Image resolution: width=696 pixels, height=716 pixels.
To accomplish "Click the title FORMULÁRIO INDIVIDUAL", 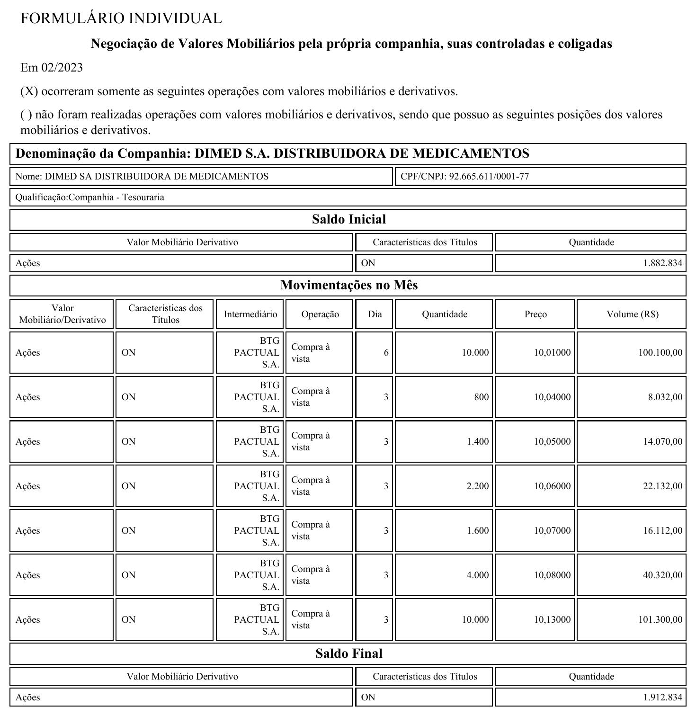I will pyautogui.click(x=121, y=18).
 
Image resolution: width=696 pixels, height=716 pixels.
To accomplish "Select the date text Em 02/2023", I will pyautogui.click(x=52, y=68).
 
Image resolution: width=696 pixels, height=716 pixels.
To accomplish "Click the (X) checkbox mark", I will pyautogui.click(x=29, y=91).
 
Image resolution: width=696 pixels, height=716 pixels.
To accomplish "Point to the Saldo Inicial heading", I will pyautogui.click(x=348, y=219).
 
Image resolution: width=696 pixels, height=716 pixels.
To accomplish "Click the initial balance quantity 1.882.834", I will pyautogui.click(x=662, y=263).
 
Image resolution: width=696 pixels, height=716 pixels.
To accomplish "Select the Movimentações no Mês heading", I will pyautogui.click(x=348, y=285).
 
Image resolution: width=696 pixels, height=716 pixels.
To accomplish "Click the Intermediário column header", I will pyautogui.click(x=250, y=314).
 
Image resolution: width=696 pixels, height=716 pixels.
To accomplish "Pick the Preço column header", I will pyautogui.click(x=535, y=314).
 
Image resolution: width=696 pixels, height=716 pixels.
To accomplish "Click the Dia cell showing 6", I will pyautogui.click(x=386, y=353).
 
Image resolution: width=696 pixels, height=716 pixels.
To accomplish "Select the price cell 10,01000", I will pyautogui.click(x=552, y=353).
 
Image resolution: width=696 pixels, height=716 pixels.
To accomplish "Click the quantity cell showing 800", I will pyautogui.click(x=481, y=397).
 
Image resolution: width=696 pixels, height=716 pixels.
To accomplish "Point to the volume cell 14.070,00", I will pyautogui.click(x=662, y=442).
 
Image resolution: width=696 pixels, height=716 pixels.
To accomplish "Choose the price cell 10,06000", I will pyautogui.click(x=552, y=486).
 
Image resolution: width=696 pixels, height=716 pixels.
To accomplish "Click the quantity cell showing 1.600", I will pyautogui.click(x=477, y=531).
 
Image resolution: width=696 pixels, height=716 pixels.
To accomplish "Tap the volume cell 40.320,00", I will pyautogui.click(x=662, y=575).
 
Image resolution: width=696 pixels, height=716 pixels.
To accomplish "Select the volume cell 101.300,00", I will pyautogui.click(x=660, y=620).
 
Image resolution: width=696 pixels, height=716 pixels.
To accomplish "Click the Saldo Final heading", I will pyautogui.click(x=348, y=653).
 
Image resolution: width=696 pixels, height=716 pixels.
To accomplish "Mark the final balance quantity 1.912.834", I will pyautogui.click(x=662, y=698).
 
